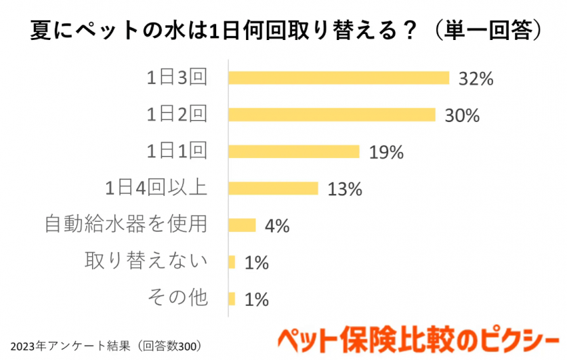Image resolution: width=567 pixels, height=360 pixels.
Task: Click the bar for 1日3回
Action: (x=339, y=78)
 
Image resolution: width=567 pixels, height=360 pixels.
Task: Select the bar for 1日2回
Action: (x=332, y=115)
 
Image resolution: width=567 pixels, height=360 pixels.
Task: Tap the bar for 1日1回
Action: (x=294, y=151)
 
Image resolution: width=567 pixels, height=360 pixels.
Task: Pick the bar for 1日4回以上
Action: (x=273, y=188)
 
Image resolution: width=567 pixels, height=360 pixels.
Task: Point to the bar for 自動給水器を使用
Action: (x=243, y=225)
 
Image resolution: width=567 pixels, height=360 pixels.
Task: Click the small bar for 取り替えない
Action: (x=232, y=262)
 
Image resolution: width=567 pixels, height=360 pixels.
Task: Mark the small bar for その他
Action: (x=232, y=298)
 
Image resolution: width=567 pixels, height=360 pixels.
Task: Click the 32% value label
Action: (x=476, y=79)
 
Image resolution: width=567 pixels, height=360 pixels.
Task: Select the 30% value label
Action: (x=462, y=115)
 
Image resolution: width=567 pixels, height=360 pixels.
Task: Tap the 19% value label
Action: (x=386, y=152)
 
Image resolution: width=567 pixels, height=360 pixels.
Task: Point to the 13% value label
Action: (x=345, y=188)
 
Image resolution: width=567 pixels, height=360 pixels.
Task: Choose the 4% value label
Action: (x=278, y=226)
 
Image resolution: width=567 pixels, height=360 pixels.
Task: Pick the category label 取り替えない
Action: (x=146, y=261)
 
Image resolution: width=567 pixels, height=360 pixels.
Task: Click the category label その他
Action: (x=177, y=298)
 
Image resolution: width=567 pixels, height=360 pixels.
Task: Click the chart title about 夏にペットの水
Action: (x=283, y=31)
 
